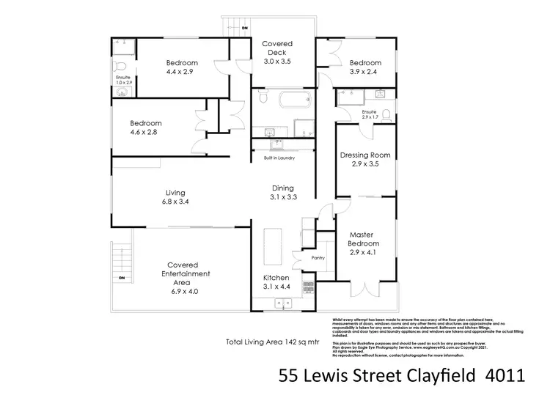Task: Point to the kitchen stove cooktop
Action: pyautogui.click(x=309, y=290)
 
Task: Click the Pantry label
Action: pyautogui.click(x=318, y=258)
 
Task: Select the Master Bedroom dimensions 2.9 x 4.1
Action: pyautogui.click(x=364, y=253)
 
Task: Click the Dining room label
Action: pyautogui.click(x=282, y=187)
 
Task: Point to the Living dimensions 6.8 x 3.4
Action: pyautogui.click(x=175, y=202)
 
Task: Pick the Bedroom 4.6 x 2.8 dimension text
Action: pyautogui.click(x=146, y=133)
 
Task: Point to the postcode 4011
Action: pyautogui.click(x=506, y=377)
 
